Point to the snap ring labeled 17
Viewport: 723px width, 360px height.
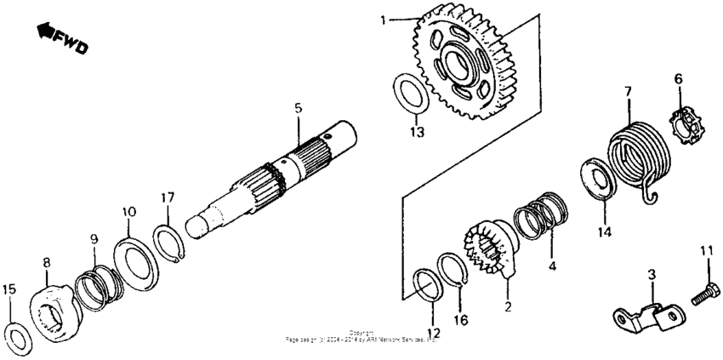(169, 242)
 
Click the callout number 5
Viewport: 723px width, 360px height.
(298, 110)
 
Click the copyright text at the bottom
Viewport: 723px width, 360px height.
(361, 337)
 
